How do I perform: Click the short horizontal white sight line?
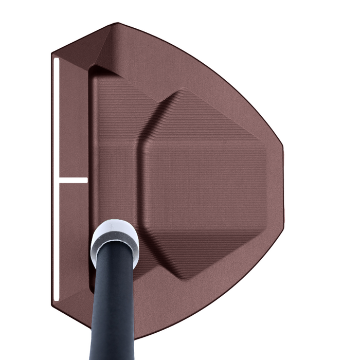click(x=73, y=181)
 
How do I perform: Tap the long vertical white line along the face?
click(x=56, y=129)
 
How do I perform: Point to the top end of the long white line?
click(x=56, y=59)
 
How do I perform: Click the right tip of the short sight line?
click(x=86, y=181)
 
